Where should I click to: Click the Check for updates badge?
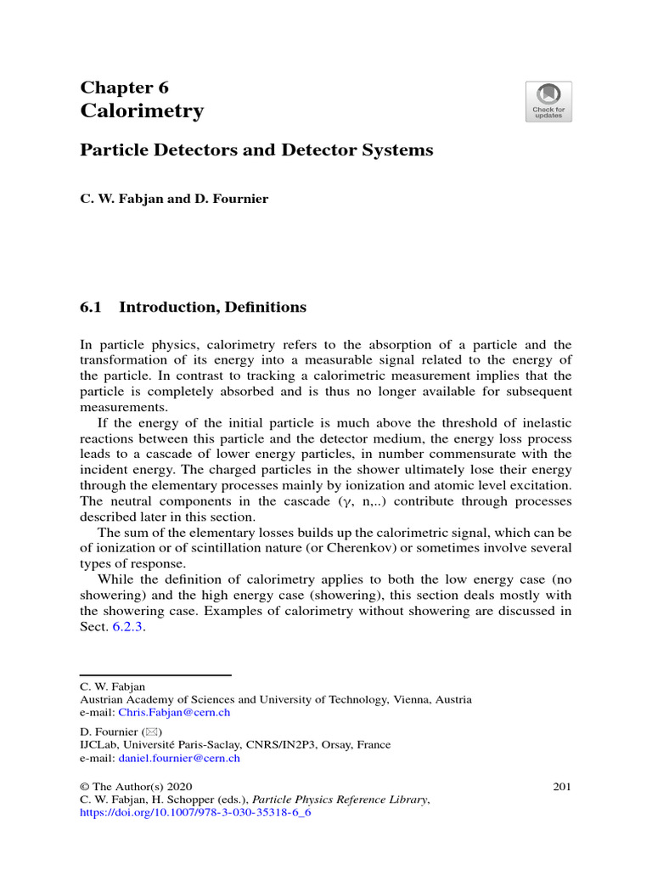coord(548,101)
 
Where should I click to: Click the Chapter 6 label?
coord(124,88)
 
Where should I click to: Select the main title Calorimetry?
coord(142,111)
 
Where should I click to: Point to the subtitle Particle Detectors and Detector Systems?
coord(256,150)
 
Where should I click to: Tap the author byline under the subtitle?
coord(174,199)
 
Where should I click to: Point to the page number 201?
coord(561,787)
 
